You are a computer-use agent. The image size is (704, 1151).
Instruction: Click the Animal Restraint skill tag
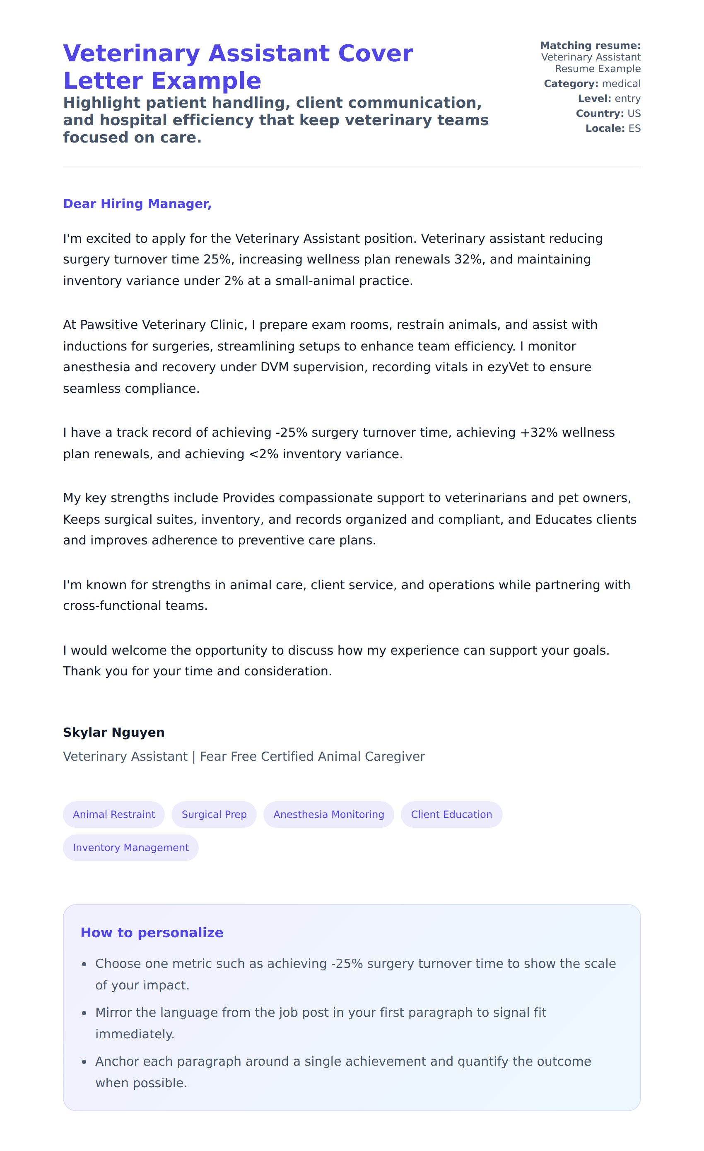click(x=113, y=814)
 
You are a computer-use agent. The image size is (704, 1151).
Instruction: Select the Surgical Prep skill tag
click(x=214, y=814)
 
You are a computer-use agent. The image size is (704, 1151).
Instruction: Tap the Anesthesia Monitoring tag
click(x=329, y=814)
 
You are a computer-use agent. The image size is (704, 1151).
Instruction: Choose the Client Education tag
click(x=451, y=814)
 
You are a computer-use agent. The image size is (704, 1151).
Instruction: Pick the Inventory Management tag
click(x=131, y=847)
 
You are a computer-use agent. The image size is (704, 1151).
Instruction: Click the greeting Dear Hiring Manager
click(x=137, y=204)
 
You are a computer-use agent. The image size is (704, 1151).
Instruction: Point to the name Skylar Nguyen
click(x=113, y=732)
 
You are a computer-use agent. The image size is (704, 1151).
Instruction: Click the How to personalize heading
click(x=152, y=932)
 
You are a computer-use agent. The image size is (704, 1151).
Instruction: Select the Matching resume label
click(x=590, y=45)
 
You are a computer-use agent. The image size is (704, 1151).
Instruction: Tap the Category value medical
click(x=621, y=84)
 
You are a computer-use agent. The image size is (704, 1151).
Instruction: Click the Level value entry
click(x=627, y=99)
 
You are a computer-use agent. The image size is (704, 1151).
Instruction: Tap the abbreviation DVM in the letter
click(x=275, y=367)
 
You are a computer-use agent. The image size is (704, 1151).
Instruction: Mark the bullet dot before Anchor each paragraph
click(x=84, y=1062)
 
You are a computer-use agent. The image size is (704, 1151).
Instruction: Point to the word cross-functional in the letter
click(x=112, y=605)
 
